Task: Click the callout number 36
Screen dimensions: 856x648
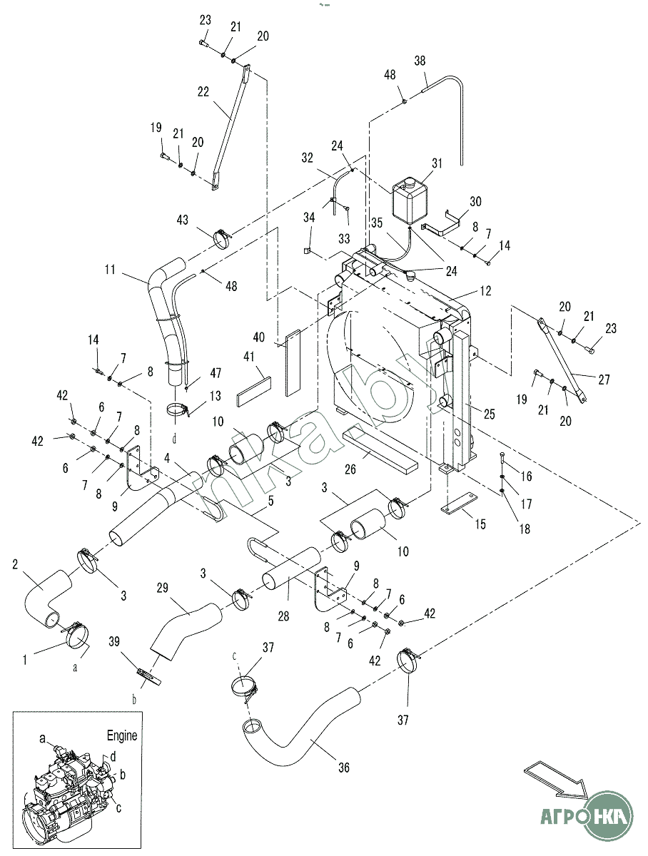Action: tap(344, 768)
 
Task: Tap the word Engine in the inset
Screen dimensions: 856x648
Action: tap(122, 735)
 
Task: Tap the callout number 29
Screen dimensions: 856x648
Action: tap(163, 587)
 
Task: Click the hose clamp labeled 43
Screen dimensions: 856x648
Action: tap(222, 236)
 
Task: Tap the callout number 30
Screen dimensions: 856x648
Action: tap(476, 201)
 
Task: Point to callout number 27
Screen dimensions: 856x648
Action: tap(604, 379)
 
